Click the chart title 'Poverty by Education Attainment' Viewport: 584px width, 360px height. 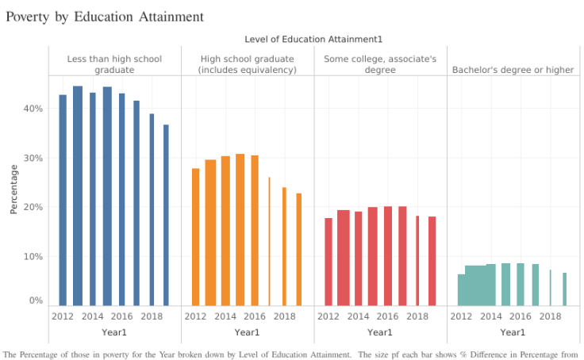105,17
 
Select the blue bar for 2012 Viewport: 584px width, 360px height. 63,200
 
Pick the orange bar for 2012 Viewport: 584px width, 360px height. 196,236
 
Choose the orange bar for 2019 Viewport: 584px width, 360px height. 299,249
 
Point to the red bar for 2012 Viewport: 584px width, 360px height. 328,261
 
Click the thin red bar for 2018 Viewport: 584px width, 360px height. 417,260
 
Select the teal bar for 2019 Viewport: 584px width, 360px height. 565,289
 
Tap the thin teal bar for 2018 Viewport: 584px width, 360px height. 550,287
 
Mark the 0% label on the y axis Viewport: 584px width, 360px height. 36,301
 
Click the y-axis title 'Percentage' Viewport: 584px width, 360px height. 13,190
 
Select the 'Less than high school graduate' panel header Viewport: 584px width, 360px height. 114,64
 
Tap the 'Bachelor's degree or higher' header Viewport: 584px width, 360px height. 513,70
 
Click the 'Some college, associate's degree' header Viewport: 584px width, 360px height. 380,64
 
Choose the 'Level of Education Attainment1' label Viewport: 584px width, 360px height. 313,39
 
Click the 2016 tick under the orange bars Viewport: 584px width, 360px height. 255,316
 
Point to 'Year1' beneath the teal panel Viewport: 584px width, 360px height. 513,332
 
